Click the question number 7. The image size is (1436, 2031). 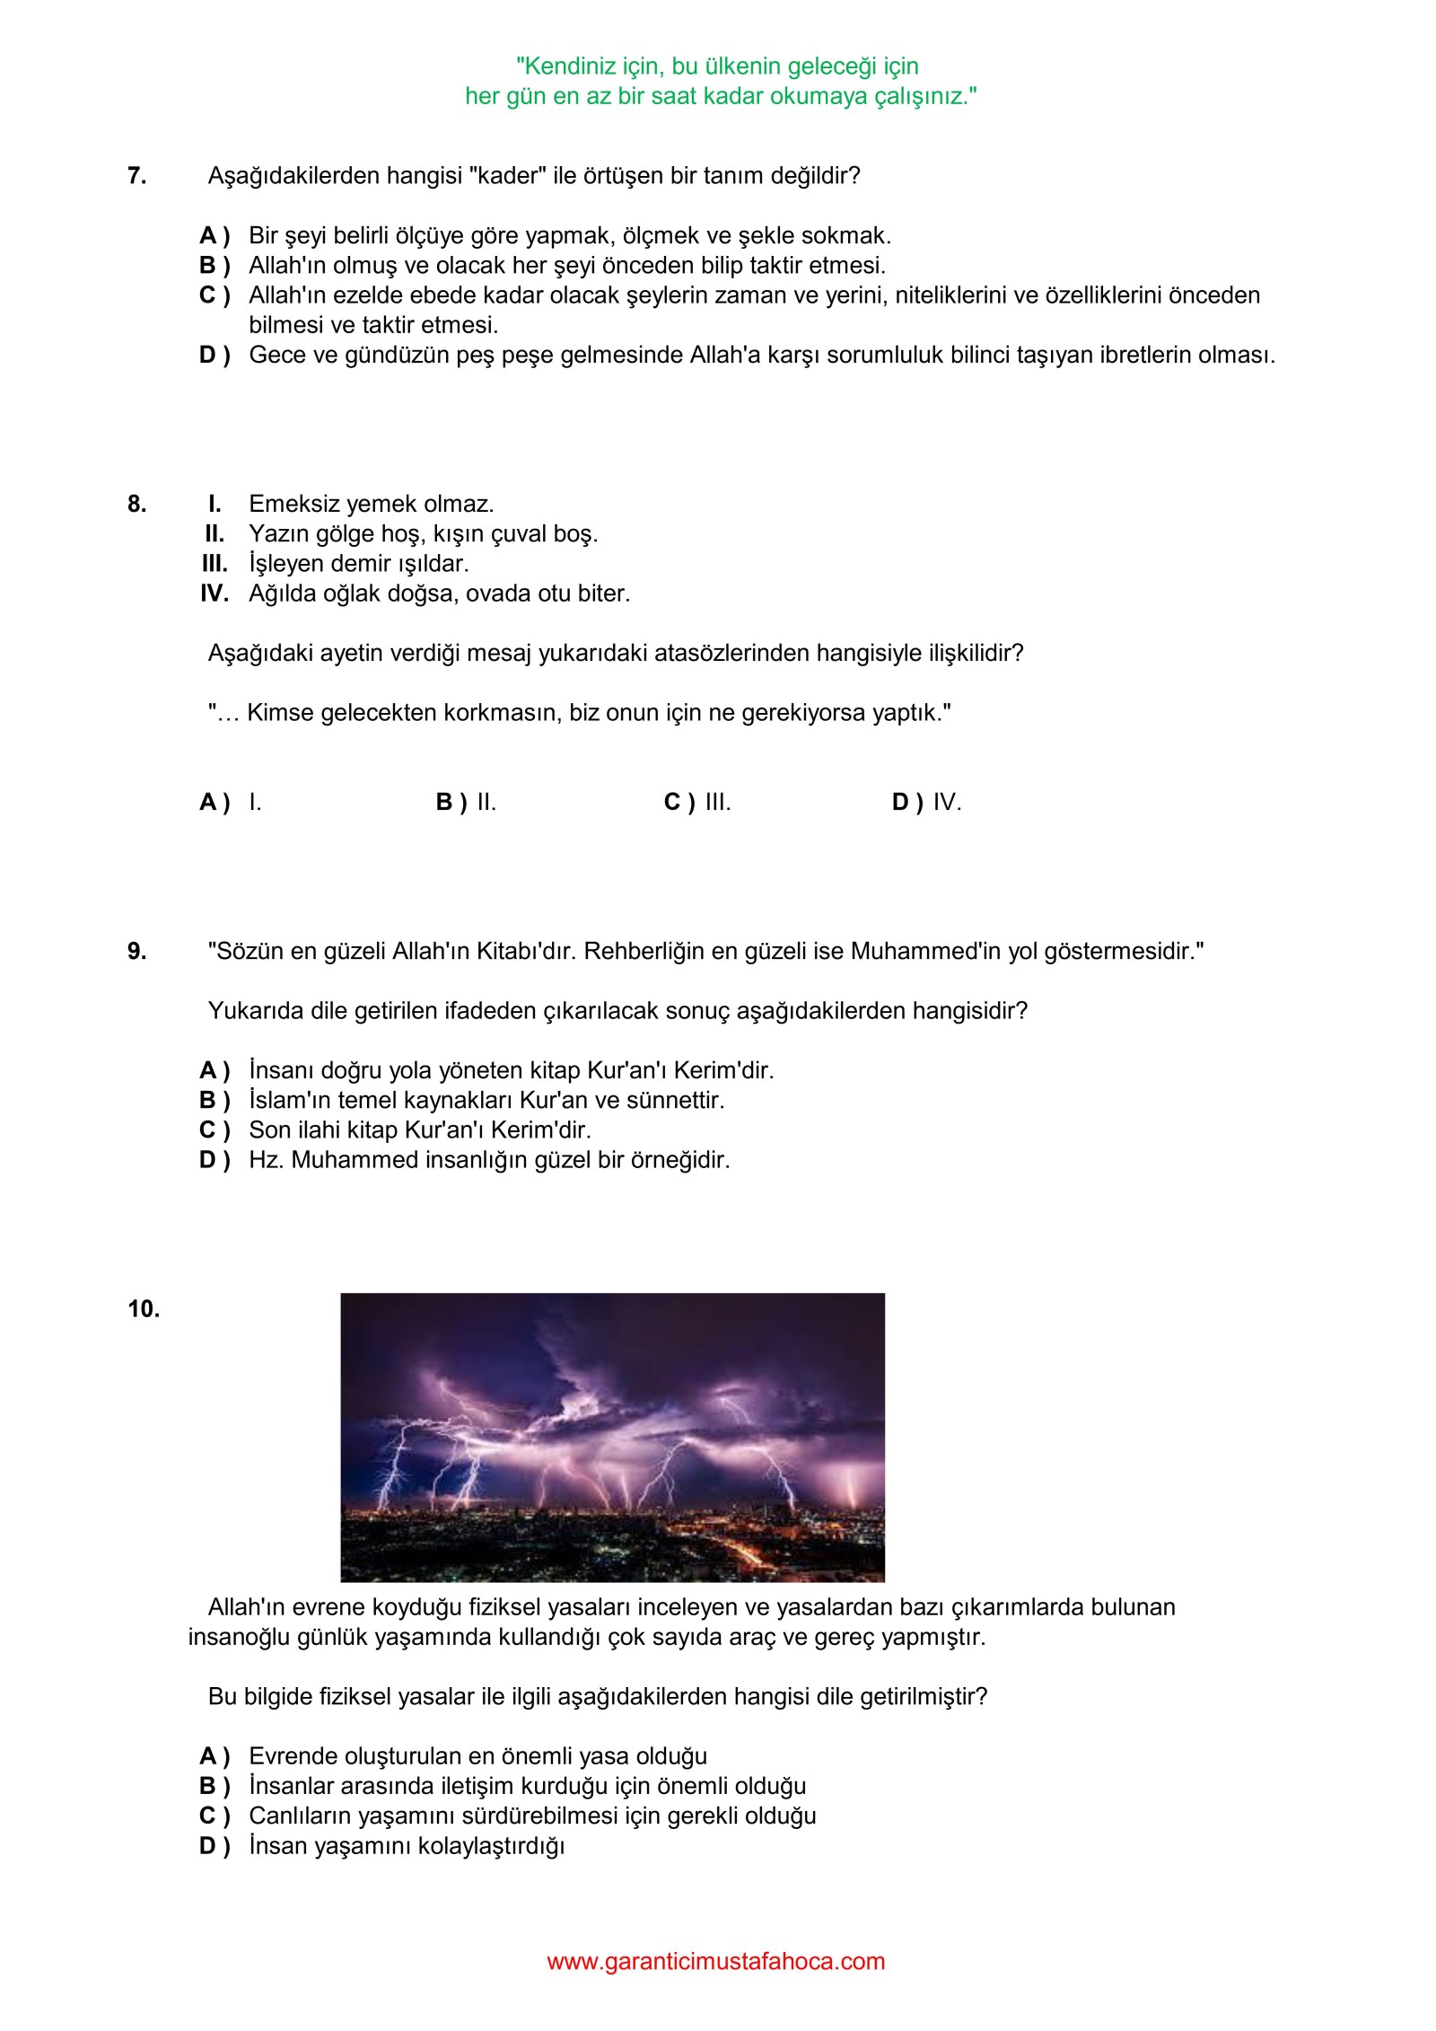point(136,176)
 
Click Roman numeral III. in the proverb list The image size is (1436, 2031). point(215,564)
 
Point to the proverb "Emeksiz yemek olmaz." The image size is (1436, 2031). point(371,504)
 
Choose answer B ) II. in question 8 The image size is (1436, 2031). point(466,803)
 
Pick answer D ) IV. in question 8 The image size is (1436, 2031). point(926,803)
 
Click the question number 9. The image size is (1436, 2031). point(136,952)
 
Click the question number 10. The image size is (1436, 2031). point(144,1309)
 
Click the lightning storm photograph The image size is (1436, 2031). point(612,1438)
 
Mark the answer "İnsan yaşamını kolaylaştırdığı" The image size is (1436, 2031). point(406,1846)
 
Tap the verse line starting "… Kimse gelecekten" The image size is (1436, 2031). point(579,713)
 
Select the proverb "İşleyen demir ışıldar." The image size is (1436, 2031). point(358,564)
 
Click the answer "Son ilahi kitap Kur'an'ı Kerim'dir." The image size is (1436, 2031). point(419,1130)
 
